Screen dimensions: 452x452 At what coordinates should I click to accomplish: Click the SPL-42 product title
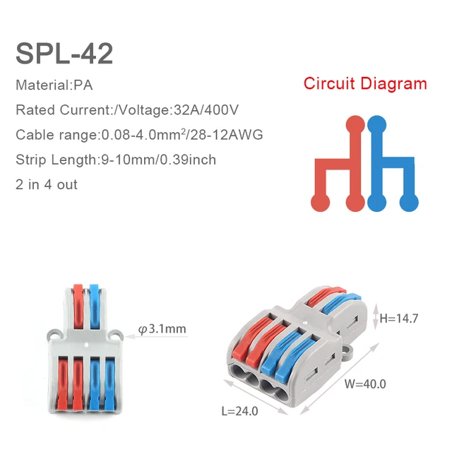point(64,52)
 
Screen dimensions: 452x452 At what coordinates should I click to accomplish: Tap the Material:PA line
point(54,85)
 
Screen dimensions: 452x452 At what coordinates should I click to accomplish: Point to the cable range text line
point(139,134)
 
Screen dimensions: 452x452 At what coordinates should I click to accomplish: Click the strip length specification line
point(116,160)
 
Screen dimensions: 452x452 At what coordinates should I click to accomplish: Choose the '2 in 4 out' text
point(47,184)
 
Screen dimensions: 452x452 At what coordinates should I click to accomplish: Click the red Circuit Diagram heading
point(365,83)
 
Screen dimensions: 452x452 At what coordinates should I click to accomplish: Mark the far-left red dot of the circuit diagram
point(321,201)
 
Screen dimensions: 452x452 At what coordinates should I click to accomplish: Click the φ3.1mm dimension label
point(162,328)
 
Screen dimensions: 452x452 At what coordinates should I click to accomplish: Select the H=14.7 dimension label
point(399,319)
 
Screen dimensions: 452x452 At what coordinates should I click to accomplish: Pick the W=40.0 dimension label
point(365,385)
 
